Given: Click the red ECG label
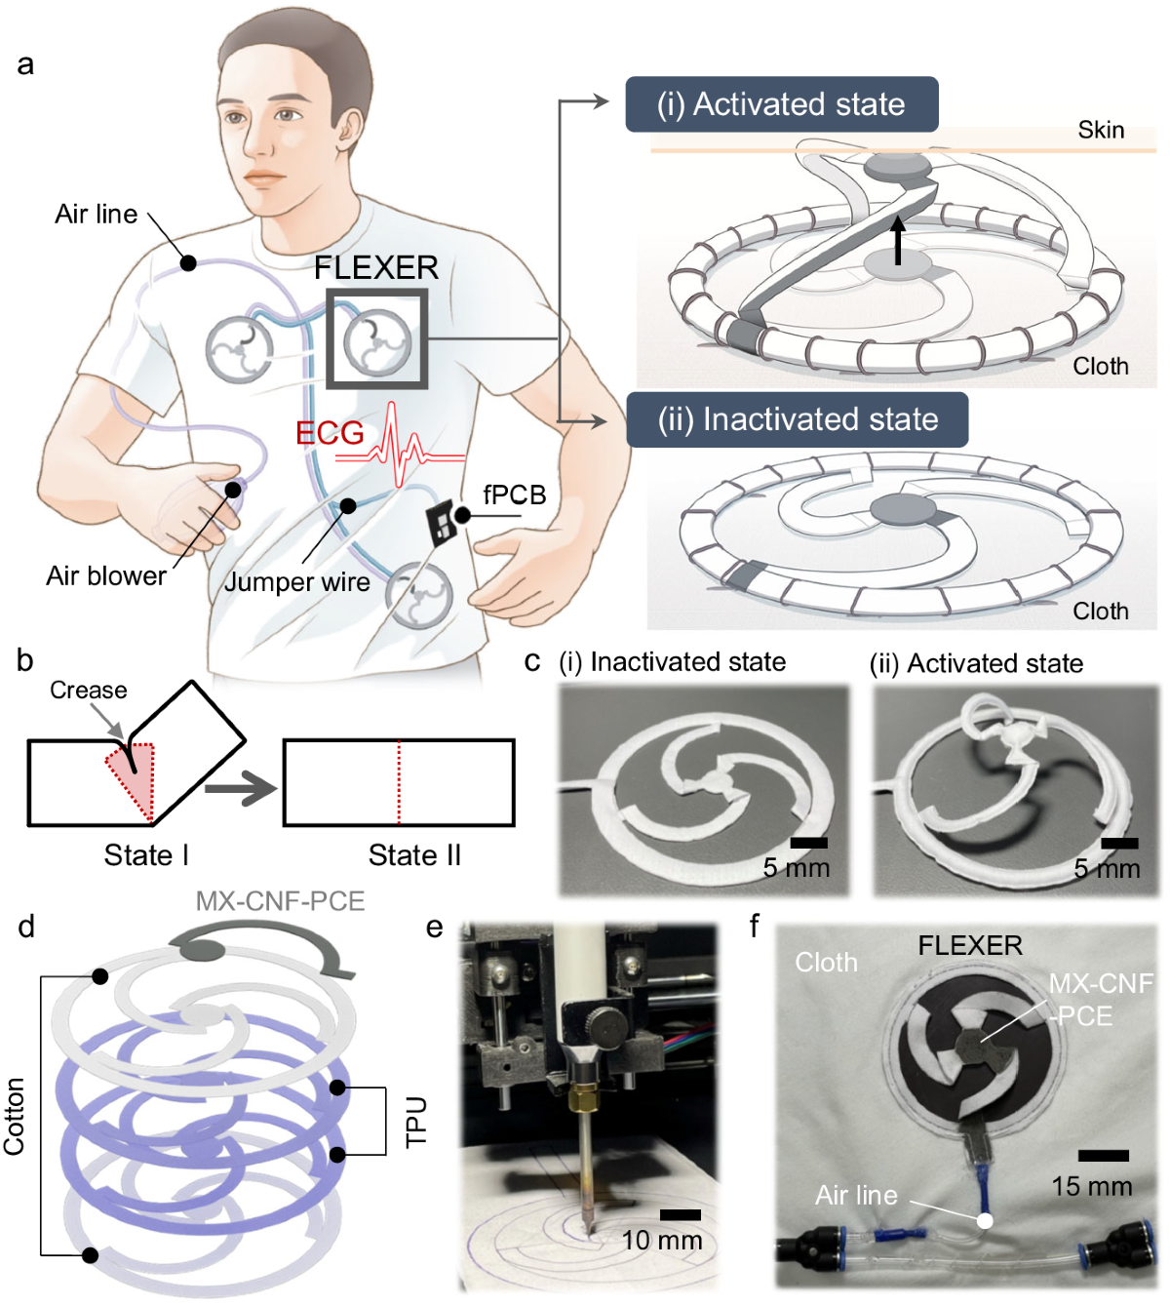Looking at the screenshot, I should [330, 432].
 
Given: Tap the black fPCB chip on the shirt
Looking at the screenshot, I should [441, 524].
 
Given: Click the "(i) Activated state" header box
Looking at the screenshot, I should [781, 104].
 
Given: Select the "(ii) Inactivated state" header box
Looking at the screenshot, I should [797, 419].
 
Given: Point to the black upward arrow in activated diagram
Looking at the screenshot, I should [898, 240].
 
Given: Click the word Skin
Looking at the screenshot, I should [1101, 130].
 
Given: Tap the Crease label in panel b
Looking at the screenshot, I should [89, 690].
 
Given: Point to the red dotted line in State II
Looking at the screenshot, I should [399, 782].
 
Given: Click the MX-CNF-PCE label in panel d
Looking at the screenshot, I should [280, 900].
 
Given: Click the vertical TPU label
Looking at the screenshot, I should [416, 1121].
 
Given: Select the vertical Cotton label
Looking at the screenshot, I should [14, 1116].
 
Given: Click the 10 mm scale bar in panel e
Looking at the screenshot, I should [680, 1214].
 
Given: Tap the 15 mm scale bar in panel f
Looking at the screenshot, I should [1104, 1156].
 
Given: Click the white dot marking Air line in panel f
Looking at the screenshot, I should [986, 1220].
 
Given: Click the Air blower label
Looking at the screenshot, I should [106, 575].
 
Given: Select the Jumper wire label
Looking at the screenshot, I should [297, 581].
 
